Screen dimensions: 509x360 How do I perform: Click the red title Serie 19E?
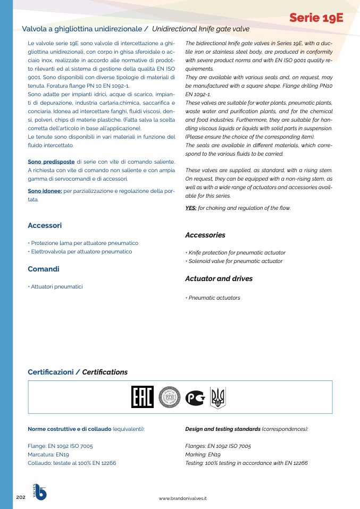[316, 19]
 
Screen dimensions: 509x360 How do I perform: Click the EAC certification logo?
[142, 397]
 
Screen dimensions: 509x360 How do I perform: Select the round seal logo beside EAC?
[170, 397]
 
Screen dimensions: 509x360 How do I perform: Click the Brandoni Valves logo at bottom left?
[40, 492]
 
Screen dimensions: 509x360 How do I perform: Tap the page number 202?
[21, 497]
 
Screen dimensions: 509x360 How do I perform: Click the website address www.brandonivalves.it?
[183, 498]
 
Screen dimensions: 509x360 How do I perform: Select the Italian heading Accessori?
[45, 226]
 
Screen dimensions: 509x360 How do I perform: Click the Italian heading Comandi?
[44, 269]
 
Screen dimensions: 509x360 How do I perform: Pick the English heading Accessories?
[205, 235]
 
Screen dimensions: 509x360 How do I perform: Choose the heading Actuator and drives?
[219, 278]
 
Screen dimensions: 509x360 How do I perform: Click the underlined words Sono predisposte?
[51, 162]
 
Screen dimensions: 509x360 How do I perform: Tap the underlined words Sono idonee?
[45, 191]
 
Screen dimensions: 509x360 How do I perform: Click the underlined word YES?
[190, 208]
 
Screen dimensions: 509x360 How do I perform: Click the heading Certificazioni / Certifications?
[78, 372]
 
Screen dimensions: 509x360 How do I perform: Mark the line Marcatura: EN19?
[48, 455]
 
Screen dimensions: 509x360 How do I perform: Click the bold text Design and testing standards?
[222, 429]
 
